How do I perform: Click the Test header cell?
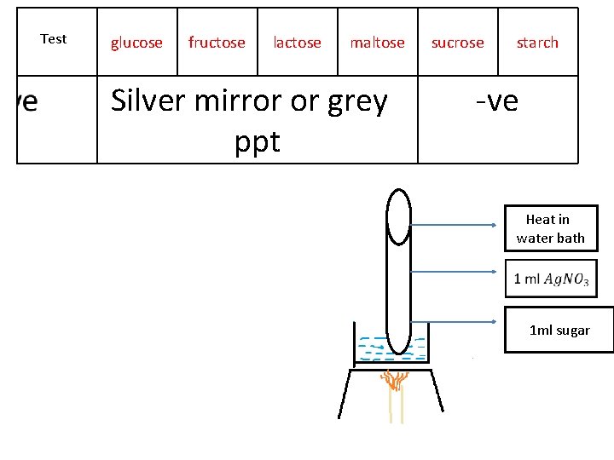click(54, 39)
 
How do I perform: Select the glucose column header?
click(136, 43)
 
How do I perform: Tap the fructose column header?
click(217, 43)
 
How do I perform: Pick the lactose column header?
click(297, 43)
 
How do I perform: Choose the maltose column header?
click(377, 43)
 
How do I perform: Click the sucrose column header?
click(457, 43)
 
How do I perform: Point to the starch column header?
click(537, 43)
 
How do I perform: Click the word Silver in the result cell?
click(153, 101)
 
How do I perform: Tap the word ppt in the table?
click(257, 141)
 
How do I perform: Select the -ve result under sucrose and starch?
click(497, 101)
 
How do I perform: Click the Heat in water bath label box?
click(550, 228)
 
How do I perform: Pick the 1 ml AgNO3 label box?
click(551, 279)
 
